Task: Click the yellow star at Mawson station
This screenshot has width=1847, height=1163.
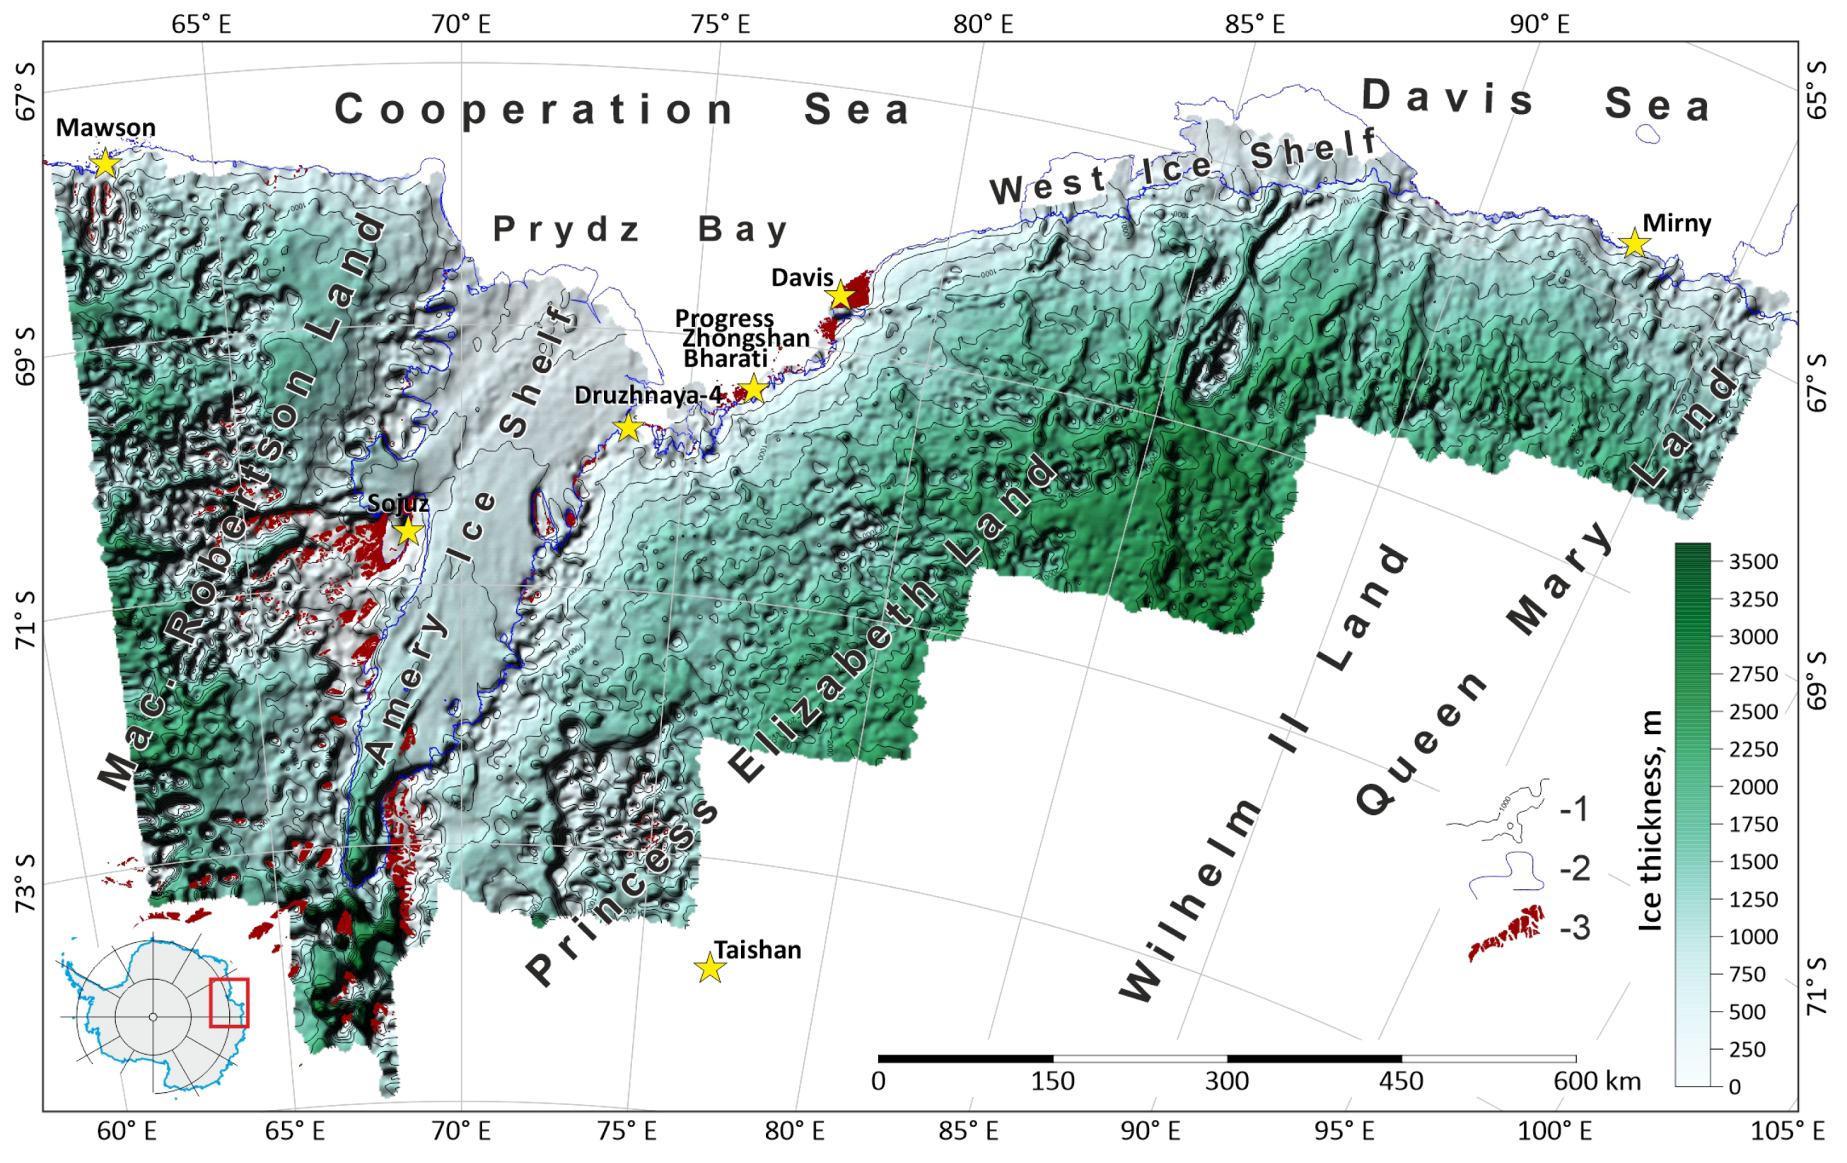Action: point(105,163)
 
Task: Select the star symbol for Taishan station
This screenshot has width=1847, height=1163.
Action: point(710,968)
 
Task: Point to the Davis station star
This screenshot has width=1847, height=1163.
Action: point(841,294)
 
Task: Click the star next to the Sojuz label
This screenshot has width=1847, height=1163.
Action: point(408,530)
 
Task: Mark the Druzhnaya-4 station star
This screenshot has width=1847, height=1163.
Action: point(628,427)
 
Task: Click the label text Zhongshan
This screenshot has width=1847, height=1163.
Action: point(745,338)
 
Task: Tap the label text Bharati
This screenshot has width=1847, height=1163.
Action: point(725,358)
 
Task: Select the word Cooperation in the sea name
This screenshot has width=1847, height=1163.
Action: point(535,110)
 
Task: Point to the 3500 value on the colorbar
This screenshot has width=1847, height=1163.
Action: point(1754,562)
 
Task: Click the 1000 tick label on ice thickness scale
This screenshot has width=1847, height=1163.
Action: point(1754,937)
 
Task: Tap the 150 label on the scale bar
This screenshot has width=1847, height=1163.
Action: point(1051,1082)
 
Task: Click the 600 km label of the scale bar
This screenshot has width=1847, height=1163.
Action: point(1597,1082)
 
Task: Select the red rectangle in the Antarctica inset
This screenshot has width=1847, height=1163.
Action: point(229,1002)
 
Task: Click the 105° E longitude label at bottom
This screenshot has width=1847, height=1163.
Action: point(1786,1130)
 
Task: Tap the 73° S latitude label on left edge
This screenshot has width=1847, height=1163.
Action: point(25,882)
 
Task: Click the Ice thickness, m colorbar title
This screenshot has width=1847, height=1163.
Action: point(1650,820)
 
